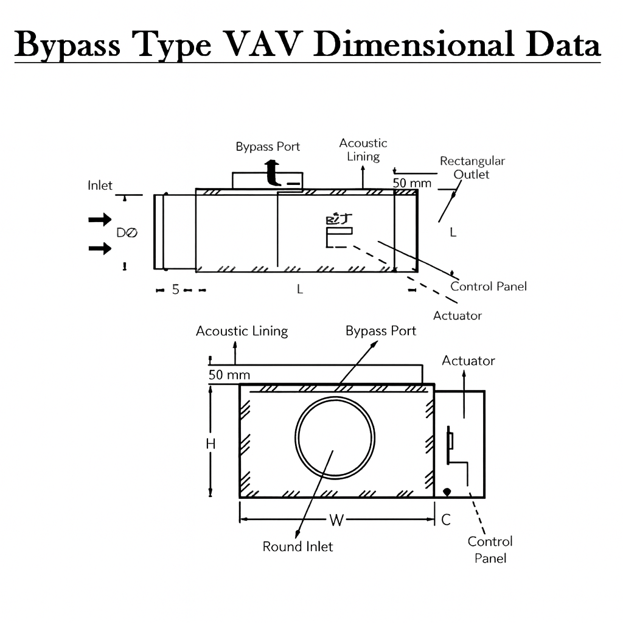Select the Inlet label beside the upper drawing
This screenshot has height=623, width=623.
[x=100, y=185]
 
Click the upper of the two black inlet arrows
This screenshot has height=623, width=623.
[x=100, y=220]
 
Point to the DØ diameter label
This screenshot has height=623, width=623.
[x=127, y=232]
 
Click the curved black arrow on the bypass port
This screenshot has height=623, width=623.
[x=273, y=173]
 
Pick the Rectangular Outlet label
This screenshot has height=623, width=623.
[x=472, y=167]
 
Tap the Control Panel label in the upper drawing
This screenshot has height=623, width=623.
[x=488, y=286]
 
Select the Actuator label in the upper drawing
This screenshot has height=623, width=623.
[x=457, y=315]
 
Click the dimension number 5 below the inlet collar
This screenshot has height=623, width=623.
[x=175, y=290]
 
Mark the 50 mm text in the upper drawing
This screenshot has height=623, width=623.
[x=411, y=183]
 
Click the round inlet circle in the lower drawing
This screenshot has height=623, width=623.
[x=335, y=436]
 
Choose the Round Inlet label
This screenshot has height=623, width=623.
[x=298, y=546]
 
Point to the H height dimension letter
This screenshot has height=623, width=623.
[x=211, y=445]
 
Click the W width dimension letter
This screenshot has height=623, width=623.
[x=336, y=520]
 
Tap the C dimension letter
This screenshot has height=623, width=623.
[x=446, y=520]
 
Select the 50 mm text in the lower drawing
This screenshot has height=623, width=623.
[x=229, y=375]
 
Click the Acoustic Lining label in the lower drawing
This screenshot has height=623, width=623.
[x=242, y=331]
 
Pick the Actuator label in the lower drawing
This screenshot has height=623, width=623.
[x=468, y=361]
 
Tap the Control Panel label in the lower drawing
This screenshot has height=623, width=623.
[x=490, y=549]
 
